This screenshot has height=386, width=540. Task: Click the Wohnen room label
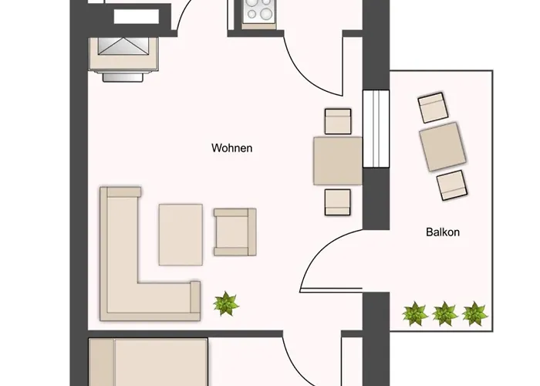(x=231, y=147)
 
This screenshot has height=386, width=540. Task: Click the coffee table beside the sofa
(x=181, y=234)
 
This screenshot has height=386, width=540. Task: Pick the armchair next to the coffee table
(x=235, y=232)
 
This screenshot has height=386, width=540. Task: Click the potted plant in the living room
(x=226, y=303)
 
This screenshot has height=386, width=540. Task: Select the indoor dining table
(x=338, y=161)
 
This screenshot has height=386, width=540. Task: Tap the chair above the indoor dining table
(x=338, y=121)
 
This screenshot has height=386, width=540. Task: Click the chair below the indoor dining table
(x=338, y=201)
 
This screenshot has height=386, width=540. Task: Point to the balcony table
(x=442, y=146)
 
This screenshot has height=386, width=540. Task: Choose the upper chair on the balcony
(x=433, y=107)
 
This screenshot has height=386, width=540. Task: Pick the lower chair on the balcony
(x=452, y=185)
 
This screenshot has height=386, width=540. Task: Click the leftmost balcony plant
(x=415, y=313)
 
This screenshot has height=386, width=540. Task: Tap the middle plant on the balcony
(x=444, y=313)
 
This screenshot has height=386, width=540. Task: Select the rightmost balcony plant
(x=474, y=313)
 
